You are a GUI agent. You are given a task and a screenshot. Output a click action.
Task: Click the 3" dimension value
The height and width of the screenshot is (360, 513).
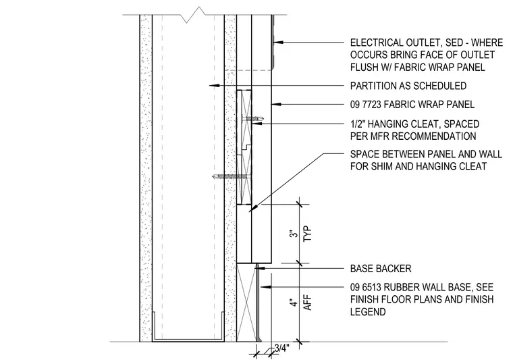pyautogui.click(x=295, y=233)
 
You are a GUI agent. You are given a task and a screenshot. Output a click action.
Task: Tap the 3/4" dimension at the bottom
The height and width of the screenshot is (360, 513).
pyautogui.click(x=282, y=348)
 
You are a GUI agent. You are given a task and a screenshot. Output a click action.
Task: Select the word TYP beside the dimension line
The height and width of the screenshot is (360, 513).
pyautogui.click(x=308, y=234)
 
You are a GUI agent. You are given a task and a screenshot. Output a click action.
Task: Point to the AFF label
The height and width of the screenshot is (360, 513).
pyautogui.click(x=308, y=303)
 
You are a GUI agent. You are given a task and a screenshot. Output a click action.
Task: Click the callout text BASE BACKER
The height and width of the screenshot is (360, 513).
pyautogui.click(x=381, y=269)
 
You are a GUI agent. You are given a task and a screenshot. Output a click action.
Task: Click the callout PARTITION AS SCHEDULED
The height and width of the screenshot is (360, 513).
pyautogui.click(x=408, y=86)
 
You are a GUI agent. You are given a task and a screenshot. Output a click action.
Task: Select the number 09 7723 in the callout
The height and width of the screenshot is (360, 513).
pyautogui.click(x=365, y=105)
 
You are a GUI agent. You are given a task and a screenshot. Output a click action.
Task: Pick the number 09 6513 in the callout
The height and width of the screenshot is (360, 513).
pyautogui.click(x=365, y=287)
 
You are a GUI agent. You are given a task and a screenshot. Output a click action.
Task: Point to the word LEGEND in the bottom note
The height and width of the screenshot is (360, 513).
pyautogui.click(x=368, y=311)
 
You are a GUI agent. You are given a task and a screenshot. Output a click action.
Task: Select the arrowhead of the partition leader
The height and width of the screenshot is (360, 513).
pyautogui.click(x=214, y=85)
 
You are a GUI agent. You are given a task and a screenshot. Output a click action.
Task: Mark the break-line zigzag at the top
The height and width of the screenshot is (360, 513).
pyautogui.click(x=196, y=15)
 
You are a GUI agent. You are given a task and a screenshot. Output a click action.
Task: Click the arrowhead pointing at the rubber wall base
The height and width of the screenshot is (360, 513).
pyautogui.click(x=266, y=287)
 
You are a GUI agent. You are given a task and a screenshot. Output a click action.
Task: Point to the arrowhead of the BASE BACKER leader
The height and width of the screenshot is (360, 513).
pyautogui.click(x=261, y=268)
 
